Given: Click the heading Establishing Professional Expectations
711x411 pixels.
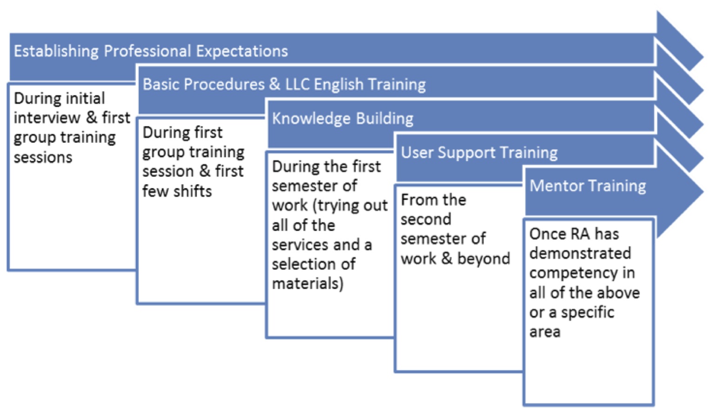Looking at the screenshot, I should point(151,51).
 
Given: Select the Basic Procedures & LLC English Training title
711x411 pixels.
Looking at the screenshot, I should point(284,85).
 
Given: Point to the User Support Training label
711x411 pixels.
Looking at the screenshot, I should point(479,153).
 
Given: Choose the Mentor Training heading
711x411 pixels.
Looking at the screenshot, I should point(588,186).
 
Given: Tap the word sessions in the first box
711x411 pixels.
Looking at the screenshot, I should point(43,158).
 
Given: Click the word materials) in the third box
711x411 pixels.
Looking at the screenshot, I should point(308,284).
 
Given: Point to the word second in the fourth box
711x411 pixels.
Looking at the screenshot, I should point(426,219).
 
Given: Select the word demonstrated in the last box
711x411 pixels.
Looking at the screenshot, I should point(580,253).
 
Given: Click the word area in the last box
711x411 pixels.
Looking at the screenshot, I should point(544,332).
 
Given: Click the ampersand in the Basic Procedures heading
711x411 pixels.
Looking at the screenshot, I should point(275,85).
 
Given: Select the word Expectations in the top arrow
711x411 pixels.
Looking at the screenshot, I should point(241,51).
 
